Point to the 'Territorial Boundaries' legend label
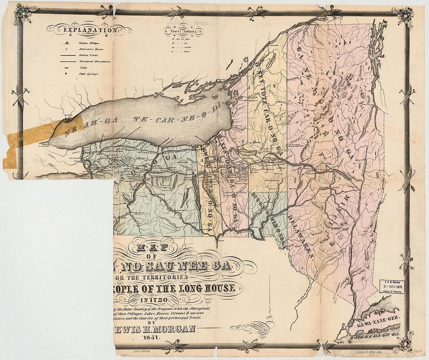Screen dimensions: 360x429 coord(95,62)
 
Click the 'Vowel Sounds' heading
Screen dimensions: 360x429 coord(183,29)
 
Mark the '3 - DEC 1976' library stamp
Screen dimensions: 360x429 coord(392,286)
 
